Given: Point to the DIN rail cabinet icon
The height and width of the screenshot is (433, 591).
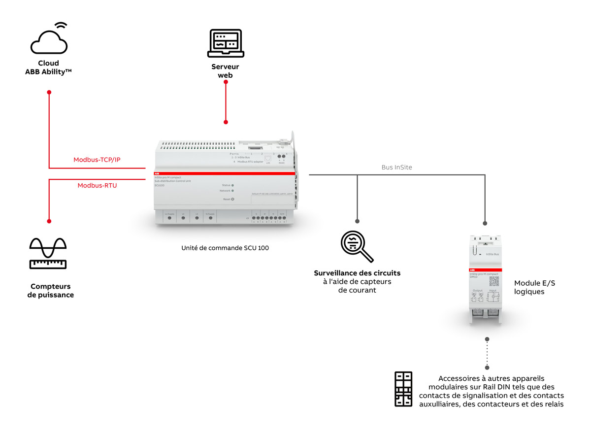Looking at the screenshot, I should (403, 389).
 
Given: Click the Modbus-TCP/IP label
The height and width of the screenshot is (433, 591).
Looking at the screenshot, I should (97, 160).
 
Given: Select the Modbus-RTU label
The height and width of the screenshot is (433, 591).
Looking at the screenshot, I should (97, 186).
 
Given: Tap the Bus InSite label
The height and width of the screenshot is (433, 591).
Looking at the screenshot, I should (396, 167).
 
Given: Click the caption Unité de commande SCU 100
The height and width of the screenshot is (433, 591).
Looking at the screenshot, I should (225, 248).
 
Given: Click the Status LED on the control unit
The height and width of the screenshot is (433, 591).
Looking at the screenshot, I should (232, 185).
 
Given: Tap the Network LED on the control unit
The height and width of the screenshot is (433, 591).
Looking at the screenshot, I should (232, 191).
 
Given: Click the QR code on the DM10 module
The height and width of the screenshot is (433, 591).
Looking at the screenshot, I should (494, 281).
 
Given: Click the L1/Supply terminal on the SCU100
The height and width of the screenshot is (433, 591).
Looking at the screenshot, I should (169, 217).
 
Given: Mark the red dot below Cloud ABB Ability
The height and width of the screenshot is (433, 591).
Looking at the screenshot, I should (49, 92).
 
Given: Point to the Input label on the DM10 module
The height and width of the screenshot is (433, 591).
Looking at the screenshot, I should (492, 291).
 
